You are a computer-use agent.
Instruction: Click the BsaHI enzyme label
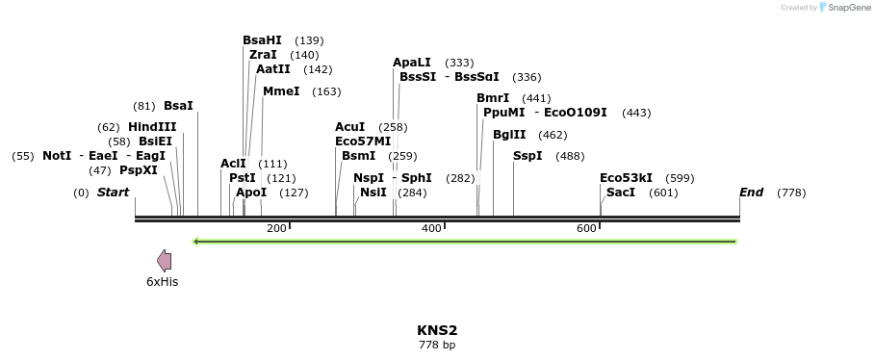[x=262, y=40]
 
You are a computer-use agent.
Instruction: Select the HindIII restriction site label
[x=152, y=127]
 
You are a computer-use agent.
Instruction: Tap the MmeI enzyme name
[x=281, y=91]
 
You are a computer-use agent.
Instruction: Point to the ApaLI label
[x=411, y=63]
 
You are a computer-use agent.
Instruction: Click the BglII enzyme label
[x=509, y=135]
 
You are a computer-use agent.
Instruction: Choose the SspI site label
[x=528, y=156]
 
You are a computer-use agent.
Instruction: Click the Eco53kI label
[x=626, y=178]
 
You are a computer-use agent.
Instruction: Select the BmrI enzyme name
[x=493, y=98]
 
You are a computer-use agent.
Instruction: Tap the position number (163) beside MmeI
[x=327, y=91]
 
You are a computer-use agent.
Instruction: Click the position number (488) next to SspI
[x=571, y=156]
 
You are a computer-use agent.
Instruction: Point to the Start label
[x=113, y=193]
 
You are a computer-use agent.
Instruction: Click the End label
[x=751, y=193]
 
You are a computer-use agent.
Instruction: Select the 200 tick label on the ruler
[x=276, y=228]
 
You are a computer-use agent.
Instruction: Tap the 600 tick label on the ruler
[x=586, y=228]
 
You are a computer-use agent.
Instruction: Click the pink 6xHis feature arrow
[x=165, y=260]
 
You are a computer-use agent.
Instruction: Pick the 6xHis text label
[x=162, y=282]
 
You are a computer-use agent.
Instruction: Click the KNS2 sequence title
[x=437, y=330]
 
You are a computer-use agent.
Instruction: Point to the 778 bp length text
[x=437, y=345]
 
